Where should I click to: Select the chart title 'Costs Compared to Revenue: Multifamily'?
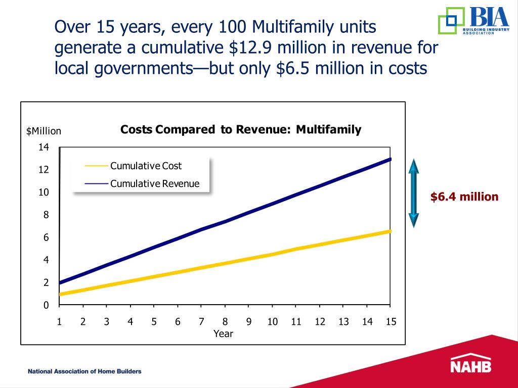[x=241, y=130]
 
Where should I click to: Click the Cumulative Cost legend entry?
[x=146, y=166]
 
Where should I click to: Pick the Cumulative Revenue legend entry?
[x=155, y=183]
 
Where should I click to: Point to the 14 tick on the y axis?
[x=44, y=148]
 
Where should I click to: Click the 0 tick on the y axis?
[x=46, y=305]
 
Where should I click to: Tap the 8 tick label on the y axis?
[x=46, y=215]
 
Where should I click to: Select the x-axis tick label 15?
[x=391, y=321]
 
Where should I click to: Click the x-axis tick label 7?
[x=201, y=321]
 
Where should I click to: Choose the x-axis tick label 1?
[x=59, y=321]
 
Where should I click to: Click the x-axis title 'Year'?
[x=223, y=333]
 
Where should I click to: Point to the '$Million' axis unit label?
[x=44, y=131]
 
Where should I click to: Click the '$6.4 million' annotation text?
[x=464, y=197]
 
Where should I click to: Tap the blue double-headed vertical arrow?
[x=414, y=193]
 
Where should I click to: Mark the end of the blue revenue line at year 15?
[x=390, y=159]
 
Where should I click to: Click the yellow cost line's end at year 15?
[x=390, y=231]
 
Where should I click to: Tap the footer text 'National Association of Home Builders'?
[x=84, y=371]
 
